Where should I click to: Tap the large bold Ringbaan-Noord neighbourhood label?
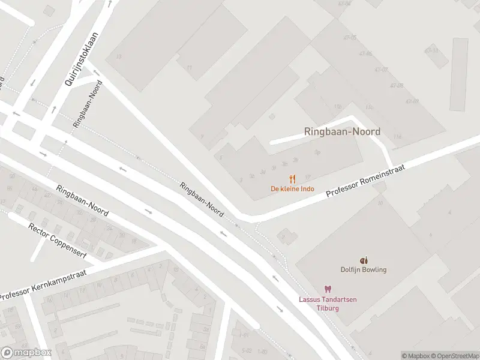tap(342, 132)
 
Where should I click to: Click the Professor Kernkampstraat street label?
tap(44, 285)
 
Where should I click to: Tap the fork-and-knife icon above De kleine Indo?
tap(292, 179)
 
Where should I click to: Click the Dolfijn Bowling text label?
tap(363, 270)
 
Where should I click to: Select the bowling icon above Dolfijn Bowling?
tap(363, 260)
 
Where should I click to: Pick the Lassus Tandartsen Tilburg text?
tap(328, 304)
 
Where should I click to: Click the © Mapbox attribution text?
tap(415, 356)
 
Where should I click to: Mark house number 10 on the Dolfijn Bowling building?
tap(380, 203)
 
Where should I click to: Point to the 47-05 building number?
tap(350, 37)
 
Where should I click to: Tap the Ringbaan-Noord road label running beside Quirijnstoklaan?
tap(88, 103)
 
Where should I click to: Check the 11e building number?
tap(397, 137)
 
